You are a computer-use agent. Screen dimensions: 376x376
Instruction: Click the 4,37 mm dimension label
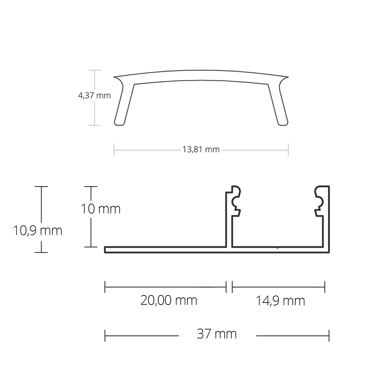tap(94, 96)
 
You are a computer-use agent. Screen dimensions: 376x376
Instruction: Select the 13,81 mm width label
tap(201, 150)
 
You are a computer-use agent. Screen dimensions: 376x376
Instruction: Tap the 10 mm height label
tap(101, 209)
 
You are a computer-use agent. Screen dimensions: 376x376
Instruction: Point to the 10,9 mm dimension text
tap(38, 230)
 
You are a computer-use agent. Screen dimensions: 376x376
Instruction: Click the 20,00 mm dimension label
tap(169, 300)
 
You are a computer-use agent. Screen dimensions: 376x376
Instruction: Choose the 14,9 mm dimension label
tap(280, 301)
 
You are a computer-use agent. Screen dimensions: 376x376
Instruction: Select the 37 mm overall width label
tap(217, 334)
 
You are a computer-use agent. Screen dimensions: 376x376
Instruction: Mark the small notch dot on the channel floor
tap(277, 247)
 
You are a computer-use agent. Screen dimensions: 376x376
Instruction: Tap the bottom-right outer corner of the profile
tap(329, 252)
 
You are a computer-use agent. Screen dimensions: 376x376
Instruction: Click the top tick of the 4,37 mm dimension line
tap(94, 70)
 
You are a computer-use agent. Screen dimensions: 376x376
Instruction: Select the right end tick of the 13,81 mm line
tap(288, 150)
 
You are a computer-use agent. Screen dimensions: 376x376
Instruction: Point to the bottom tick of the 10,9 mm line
tap(41, 252)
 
